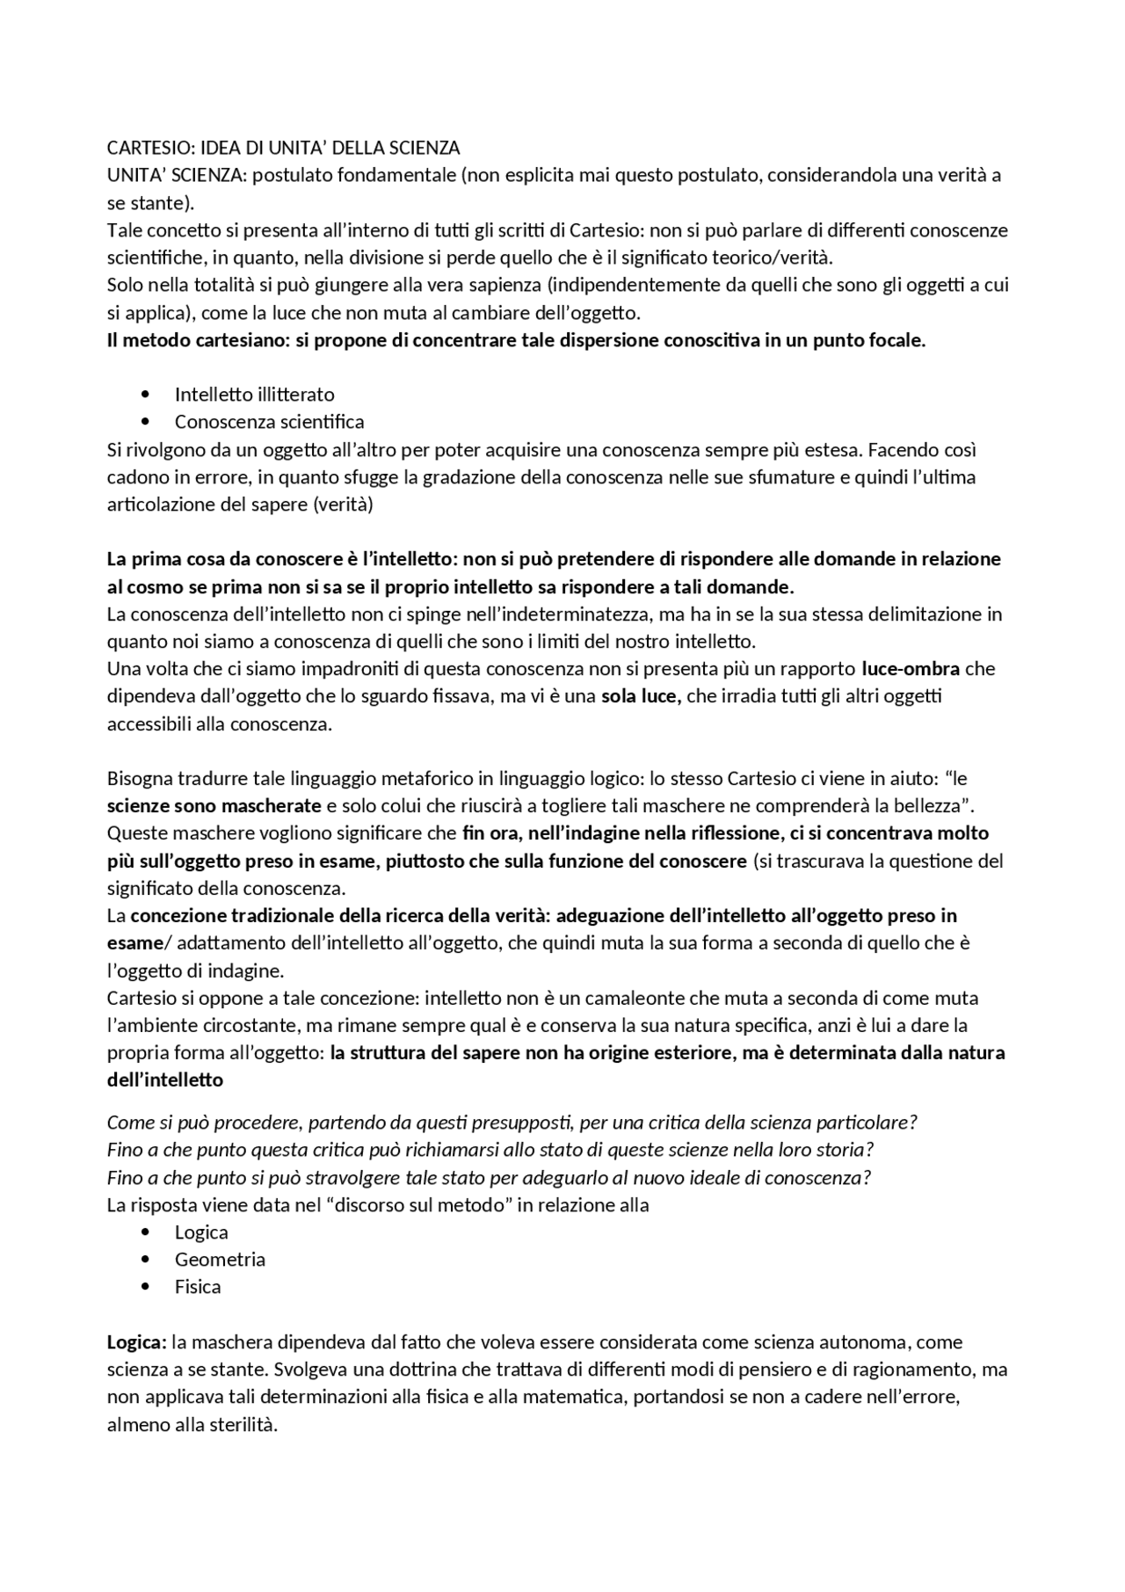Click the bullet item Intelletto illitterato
[254, 394]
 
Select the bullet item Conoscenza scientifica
[269, 422]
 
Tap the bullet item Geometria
[220, 1259]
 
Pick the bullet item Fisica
[198, 1286]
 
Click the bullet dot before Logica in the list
[145, 1232]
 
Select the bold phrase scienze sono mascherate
[214, 805]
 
